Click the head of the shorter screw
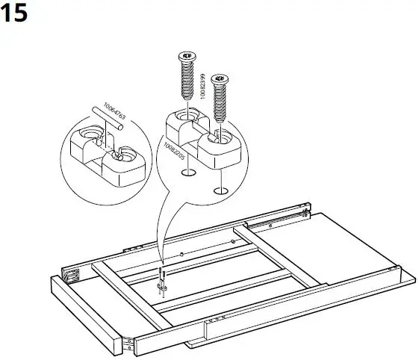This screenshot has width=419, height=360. click(x=219, y=78)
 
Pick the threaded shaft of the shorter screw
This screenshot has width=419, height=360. click(x=219, y=105)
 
